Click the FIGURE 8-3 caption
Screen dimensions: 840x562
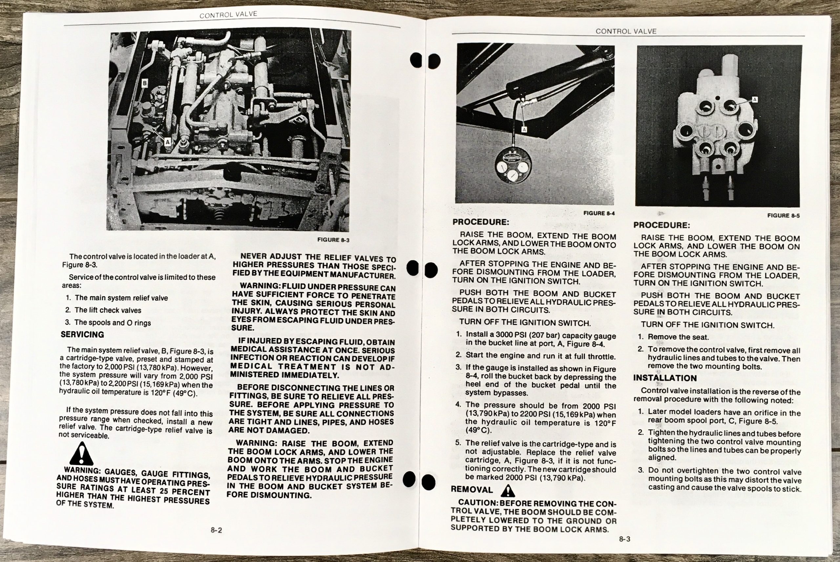click(333, 240)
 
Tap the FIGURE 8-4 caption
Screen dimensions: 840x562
click(599, 213)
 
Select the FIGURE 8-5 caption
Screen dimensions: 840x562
click(783, 215)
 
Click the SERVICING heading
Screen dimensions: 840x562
click(82, 334)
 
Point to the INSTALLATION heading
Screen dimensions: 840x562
click(664, 378)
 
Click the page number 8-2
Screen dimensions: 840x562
click(216, 530)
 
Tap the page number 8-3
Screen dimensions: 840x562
click(624, 539)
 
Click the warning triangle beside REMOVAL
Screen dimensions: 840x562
click(508, 491)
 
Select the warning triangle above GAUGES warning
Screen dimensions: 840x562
click(82, 454)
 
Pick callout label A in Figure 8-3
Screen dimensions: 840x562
click(167, 142)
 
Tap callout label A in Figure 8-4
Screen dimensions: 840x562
click(524, 130)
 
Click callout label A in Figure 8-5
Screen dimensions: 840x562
click(755, 99)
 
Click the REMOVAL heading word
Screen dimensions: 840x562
click(472, 490)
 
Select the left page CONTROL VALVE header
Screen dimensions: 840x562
click(228, 15)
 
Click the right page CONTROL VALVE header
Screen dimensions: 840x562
click(626, 31)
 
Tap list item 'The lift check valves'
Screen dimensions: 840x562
click(103, 310)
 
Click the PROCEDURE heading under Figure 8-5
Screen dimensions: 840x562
click(662, 226)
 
